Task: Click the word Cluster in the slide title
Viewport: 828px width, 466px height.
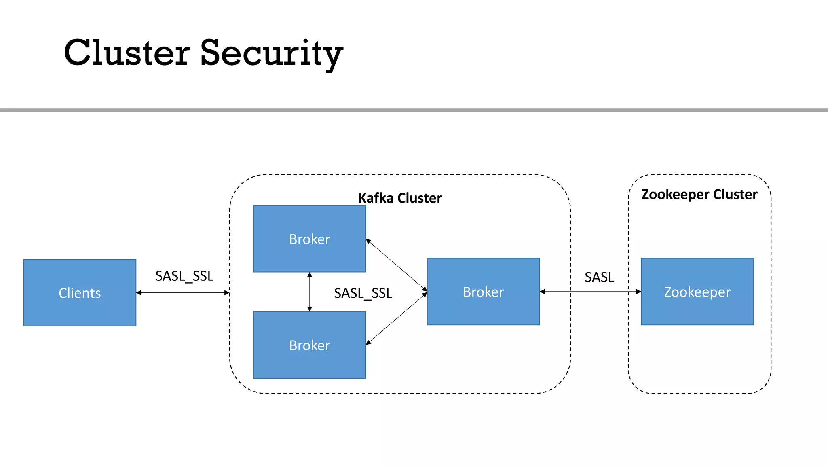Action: pos(127,53)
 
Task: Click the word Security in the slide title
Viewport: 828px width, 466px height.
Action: pos(271,53)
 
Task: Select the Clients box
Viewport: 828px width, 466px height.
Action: pos(80,292)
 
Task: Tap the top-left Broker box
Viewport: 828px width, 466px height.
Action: pos(309,239)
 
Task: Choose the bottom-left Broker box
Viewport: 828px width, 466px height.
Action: pos(309,345)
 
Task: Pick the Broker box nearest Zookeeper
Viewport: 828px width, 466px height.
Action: pos(483,292)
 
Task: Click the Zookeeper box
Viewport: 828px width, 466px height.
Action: pos(697,292)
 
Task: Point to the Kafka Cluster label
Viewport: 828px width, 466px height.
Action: pos(400,198)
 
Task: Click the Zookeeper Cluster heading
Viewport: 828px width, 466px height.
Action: pos(699,194)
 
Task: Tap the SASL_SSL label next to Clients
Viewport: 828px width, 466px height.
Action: pos(184,276)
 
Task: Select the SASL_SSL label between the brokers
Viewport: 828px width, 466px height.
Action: pos(363,293)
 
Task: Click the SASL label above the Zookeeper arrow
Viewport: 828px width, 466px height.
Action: pos(599,277)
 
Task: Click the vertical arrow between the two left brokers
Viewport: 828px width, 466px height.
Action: pos(310,292)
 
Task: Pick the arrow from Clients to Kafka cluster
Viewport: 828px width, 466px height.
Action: pos(183,292)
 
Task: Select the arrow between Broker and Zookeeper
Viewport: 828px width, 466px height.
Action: pos(590,291)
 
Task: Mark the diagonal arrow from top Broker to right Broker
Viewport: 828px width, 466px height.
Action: pos(396,265)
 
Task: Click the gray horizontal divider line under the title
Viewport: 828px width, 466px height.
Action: pos(414,110)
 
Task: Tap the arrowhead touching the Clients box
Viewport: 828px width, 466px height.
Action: pos(139,292)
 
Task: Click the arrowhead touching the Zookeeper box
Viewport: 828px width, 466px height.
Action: pos(639,291)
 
